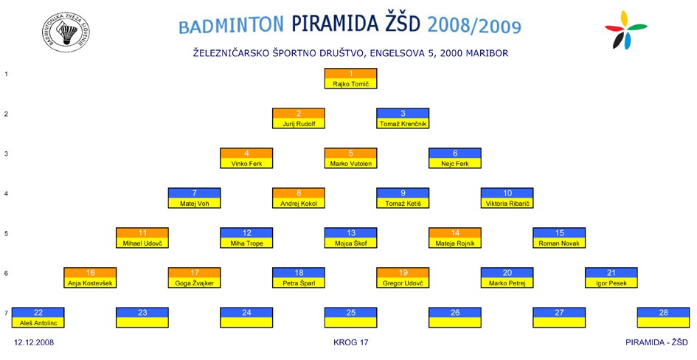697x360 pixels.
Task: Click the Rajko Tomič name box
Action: [x=351, y=79]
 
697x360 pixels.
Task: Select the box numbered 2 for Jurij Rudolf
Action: [x=299, y=118]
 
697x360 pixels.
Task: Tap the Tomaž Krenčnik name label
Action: [x=403, y=124]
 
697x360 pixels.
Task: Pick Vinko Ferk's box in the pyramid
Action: [x=246, y=158]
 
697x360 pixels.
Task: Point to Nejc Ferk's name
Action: [x=455, y=164]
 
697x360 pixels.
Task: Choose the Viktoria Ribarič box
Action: [x=507, y=198]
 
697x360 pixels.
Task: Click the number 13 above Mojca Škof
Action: [x=351, y=233]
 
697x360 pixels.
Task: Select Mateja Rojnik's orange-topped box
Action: [x=455, y=238]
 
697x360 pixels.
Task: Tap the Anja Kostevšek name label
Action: [x=90, y=283]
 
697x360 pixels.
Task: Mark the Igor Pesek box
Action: [x=611, y=277]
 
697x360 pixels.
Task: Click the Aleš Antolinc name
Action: [x=38, y=323]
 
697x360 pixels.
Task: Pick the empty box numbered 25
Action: [x=351, y=317]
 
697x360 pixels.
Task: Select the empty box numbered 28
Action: [x=663, y=317]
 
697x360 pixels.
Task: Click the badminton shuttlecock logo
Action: [x=66, y=32]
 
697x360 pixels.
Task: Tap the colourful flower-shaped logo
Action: [x=625, y=30]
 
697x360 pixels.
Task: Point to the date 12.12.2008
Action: [x=34, y=342]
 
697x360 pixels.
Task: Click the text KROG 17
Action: [x=351, y=342]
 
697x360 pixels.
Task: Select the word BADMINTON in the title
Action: [x=231, y=25]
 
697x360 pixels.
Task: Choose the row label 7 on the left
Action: [x=6, y=313]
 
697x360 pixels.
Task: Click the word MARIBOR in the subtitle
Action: [x=488, y=53]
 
